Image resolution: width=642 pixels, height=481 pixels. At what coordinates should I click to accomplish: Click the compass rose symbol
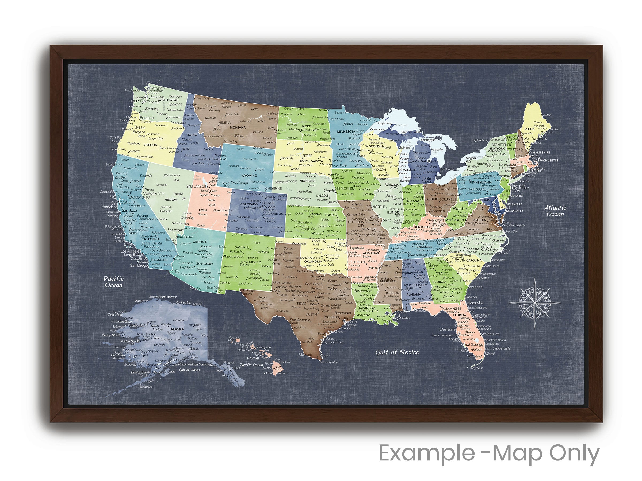[x=534, y=303]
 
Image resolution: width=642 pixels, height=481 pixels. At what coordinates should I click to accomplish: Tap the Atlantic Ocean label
[x=555, y=211]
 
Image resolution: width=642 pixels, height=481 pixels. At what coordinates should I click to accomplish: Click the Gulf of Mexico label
[x=397, y=352]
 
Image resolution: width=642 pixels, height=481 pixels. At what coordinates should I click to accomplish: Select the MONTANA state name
[x=238, y=127]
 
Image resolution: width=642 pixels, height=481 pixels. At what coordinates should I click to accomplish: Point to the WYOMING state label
[x=249, y=176]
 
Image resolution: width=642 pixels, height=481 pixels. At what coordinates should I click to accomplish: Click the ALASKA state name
[x=177, y=329]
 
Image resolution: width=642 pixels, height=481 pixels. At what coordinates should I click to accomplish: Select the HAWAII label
[x=253, y=358]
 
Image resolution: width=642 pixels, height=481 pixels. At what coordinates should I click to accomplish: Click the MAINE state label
[x=529, y=129]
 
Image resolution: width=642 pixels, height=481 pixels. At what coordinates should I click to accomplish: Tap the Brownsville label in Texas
[x=328, y=362]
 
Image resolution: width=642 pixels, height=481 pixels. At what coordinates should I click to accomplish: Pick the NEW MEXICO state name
[x=251, y=262]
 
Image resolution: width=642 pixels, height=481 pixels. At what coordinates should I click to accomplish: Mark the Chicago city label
[x=392, y=184]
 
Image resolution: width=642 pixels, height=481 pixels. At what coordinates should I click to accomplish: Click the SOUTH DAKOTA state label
[x=311, y=161]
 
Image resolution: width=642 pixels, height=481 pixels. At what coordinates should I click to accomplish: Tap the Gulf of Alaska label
[x=189, y=370]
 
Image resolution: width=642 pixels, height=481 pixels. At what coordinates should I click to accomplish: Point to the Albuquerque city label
[x=232, y=257]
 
